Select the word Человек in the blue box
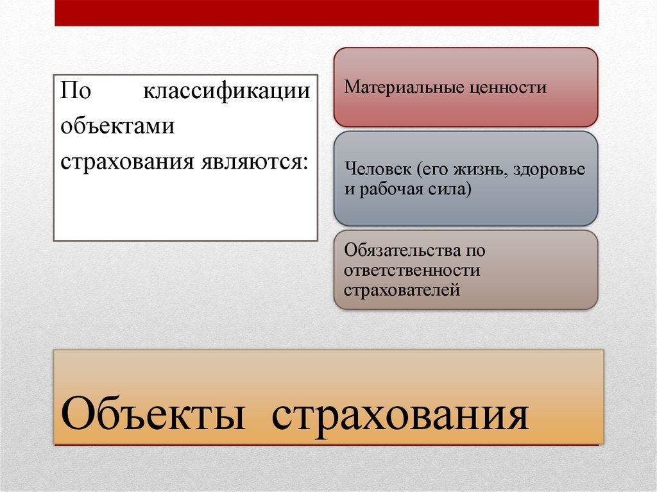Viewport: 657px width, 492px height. pyautogui.click(x=378, y=171)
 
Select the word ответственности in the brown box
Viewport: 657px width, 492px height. pyautogui.click(x=412, y=270)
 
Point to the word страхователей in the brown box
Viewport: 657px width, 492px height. pyautogui.click(x=402, y=289)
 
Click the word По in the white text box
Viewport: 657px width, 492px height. pyautogui.click(x=75, y=90)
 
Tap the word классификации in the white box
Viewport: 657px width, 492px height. pyautogui.click(x=226, y=90)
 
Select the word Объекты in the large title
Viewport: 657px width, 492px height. pyautogui.click(x=155, y=415)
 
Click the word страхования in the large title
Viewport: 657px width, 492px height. pyautogui.click(x=400, y=415)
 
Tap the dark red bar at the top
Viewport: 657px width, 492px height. pyautogui.click(x=327, y=13)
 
